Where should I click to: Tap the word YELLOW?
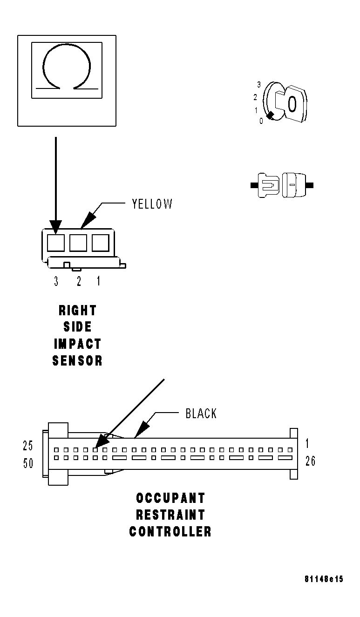point(152,204)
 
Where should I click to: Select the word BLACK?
point(201,414)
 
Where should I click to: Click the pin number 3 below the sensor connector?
point(56,281)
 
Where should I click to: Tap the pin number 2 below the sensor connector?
point(78,281)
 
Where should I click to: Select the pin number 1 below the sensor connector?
point(98,281)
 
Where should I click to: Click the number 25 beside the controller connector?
point(28,446)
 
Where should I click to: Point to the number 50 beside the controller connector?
point(28,464)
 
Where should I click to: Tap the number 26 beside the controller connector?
point(310,461)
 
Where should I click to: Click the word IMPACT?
point(77,344)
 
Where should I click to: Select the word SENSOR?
point(77,360)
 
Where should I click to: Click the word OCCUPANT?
point(170,498)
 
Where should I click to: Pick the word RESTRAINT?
point(170,515)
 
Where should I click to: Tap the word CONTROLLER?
point(170,532)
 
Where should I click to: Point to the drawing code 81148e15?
point(324,579)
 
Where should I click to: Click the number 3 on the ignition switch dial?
point(258,85)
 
